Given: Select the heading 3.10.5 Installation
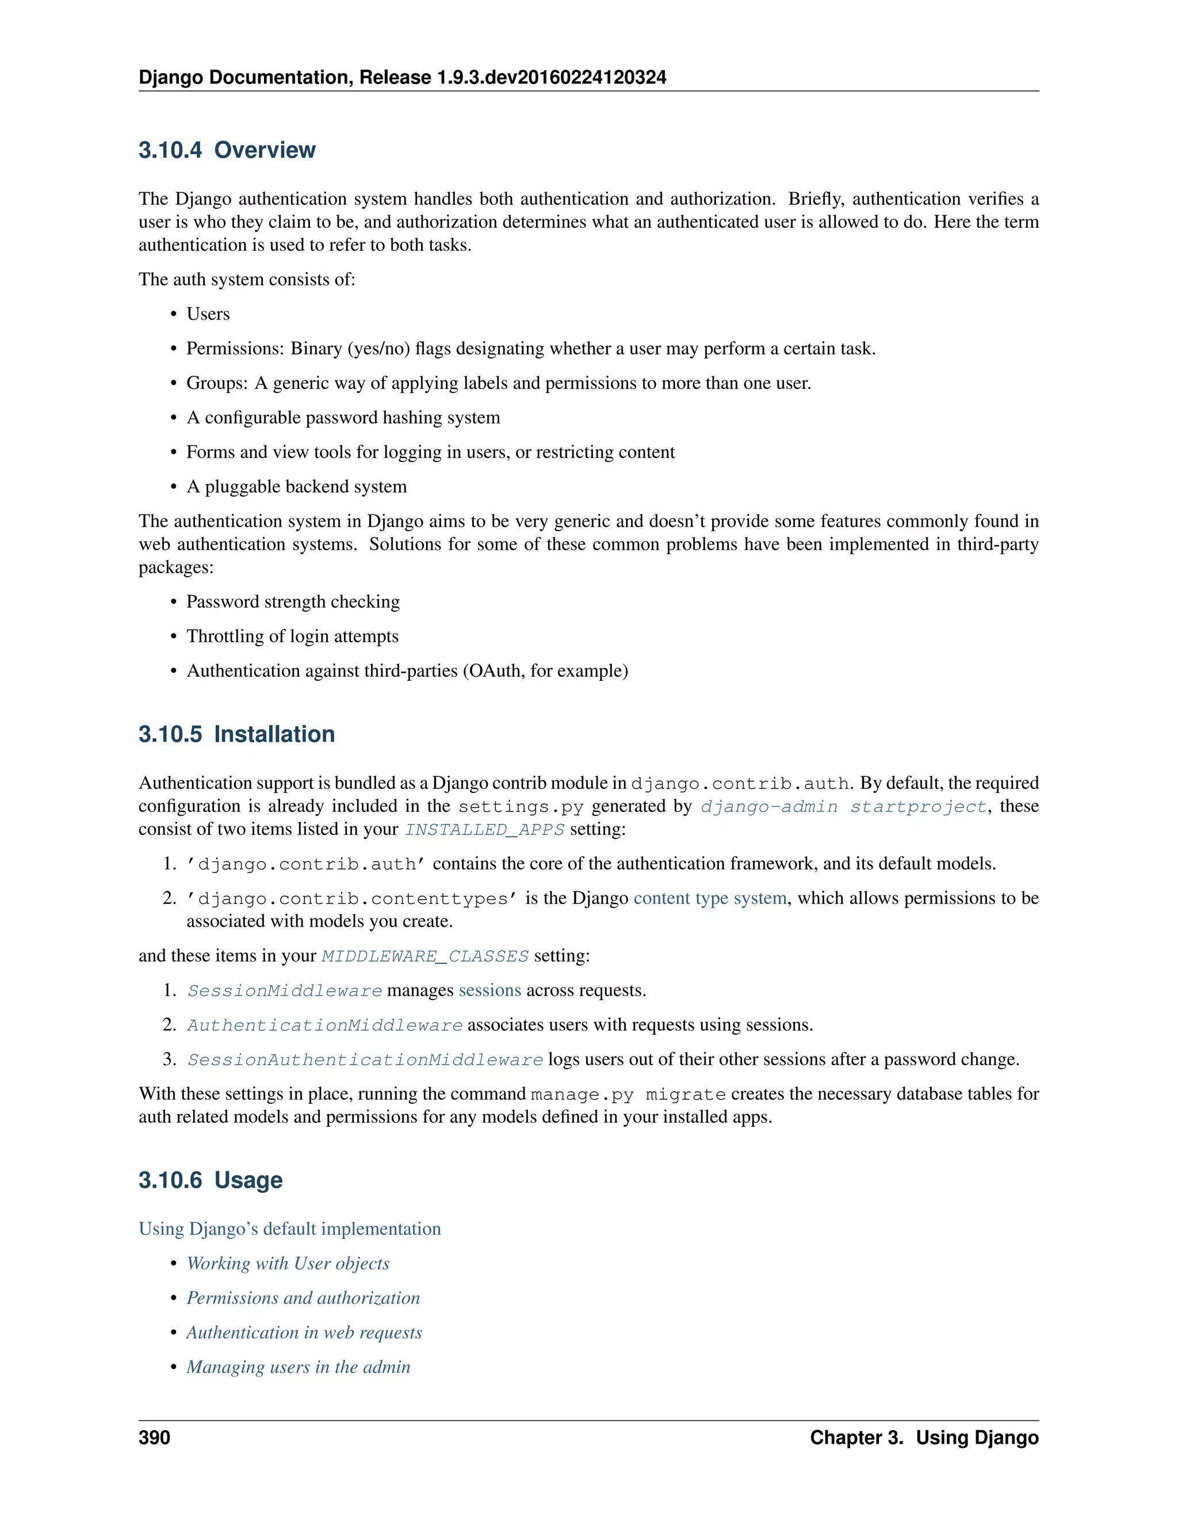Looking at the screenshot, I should pos(236,734).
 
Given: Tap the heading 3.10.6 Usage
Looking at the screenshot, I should pos(210,1180).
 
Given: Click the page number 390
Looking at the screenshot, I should pos(154,1438).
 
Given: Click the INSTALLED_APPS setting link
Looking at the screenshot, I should pos(484,829).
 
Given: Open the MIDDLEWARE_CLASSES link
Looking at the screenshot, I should pos(424,956).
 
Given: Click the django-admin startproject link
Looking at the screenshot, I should pos(843,806).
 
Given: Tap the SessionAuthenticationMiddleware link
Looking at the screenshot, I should pos(365,1060).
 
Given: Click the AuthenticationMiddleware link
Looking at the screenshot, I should pos(324,1025).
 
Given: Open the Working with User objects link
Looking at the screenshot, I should pos(288,1264).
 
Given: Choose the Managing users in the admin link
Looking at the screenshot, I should pos(298,1367).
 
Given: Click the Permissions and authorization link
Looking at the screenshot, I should pos(303,1298).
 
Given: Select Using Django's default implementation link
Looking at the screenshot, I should pos(290,1229).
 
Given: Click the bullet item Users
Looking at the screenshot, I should pos(208,314).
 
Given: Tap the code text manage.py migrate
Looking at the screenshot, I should pos(628,1094).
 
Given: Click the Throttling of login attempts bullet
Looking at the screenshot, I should pos(292,636).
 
